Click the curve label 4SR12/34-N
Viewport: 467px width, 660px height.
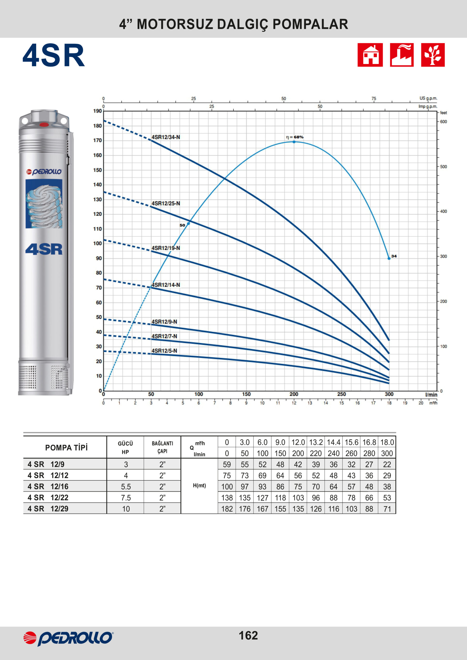[x=166, y=137]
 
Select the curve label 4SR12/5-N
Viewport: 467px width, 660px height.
[x=164, y=351]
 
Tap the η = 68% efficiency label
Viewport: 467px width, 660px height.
[x=295, y=137]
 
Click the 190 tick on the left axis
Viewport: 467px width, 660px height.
[x=98, y=111]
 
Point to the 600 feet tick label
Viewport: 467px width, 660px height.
[x=444, y=122]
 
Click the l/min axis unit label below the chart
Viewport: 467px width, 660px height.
[x=431, y=394]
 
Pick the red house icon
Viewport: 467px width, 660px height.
[x=370, y=55]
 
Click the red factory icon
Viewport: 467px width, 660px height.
[x=402, y=55]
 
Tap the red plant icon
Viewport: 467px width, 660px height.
[x=433, y=55]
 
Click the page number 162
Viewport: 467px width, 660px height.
[x=248, y=635]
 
